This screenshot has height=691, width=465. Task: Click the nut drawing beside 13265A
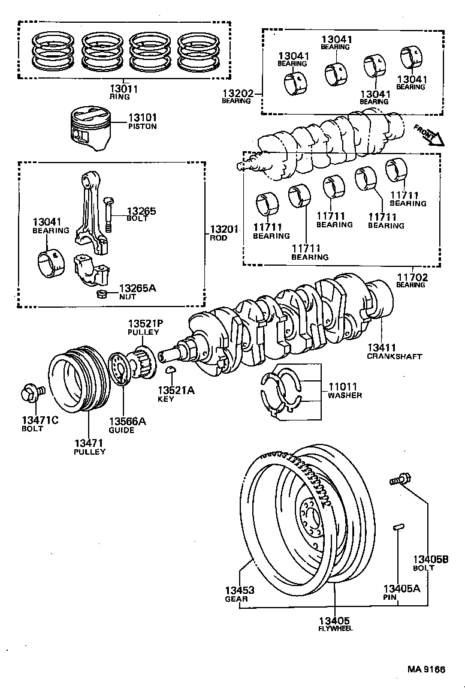point(102,294)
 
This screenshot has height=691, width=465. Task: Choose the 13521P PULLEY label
point(144,328)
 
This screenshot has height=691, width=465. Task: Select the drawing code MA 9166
point(427,669)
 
